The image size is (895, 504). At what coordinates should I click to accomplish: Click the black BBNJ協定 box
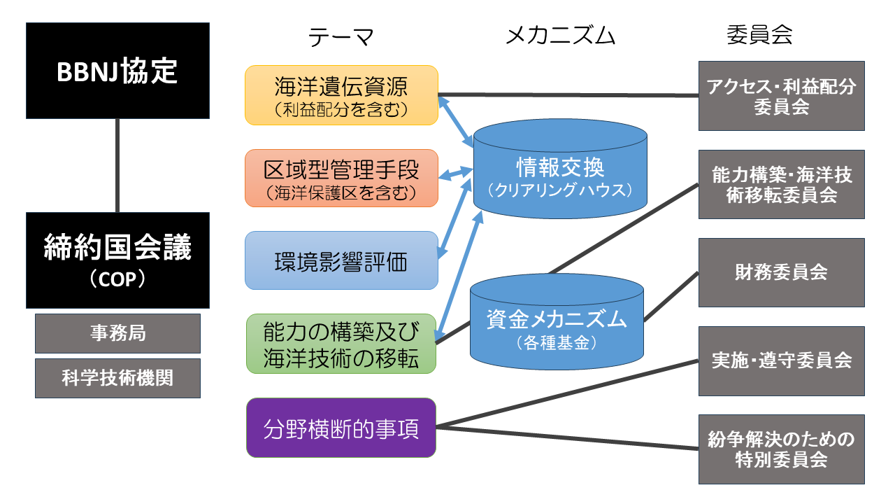(x=117, y=71)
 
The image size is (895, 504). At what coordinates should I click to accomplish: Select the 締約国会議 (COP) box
(x=117, y=260)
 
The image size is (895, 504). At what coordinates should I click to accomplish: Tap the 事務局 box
(x=117, y=333)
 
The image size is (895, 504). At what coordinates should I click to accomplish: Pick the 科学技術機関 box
(x=117, y=378)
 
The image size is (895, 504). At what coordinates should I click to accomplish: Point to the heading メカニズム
(x=560, y=36)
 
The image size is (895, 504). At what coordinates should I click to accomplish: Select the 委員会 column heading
(x=759, y=35)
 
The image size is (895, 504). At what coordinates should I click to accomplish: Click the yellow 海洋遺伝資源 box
(x=341, y=95)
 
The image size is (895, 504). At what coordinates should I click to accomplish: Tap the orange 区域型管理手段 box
(x=341, y=178)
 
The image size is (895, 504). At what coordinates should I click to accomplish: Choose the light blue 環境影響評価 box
(x=341, y=260)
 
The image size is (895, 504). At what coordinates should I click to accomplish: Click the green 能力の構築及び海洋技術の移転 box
(x=341, y=344)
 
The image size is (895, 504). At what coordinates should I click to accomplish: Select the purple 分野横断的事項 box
(x=341, y=428)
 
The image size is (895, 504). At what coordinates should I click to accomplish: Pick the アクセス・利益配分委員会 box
(x=781, y=96)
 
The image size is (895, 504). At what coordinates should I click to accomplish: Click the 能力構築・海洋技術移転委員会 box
(x=781, y=184)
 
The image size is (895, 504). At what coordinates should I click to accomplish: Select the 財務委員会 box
(x=781, y=272)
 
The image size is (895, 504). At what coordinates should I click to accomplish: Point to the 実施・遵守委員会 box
(x=781, y=360)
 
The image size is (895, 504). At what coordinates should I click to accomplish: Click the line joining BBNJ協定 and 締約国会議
(x=117, y=165)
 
